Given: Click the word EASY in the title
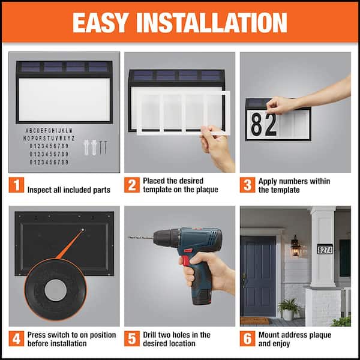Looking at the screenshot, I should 100,22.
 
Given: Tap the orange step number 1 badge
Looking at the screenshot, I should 16,185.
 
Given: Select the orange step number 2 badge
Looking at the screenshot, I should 131,185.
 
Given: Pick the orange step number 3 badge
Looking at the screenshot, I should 247,185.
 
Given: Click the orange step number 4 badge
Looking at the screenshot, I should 16,338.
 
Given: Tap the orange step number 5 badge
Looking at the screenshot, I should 131,338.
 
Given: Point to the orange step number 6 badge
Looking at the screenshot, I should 247,338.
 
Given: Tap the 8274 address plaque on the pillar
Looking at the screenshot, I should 325,248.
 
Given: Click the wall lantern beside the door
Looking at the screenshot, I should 295,246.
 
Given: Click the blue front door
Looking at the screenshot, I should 259,267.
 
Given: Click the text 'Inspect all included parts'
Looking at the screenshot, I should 68,190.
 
